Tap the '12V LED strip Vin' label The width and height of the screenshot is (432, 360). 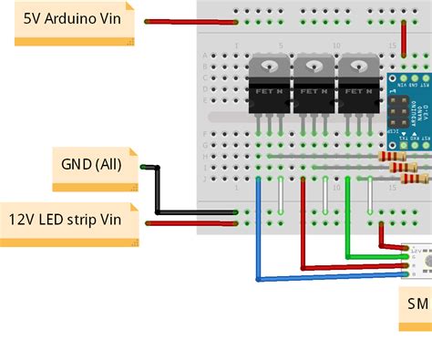(69, 220)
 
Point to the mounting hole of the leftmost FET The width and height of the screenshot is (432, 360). (271, 65)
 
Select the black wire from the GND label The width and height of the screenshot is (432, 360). (160, 191)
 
